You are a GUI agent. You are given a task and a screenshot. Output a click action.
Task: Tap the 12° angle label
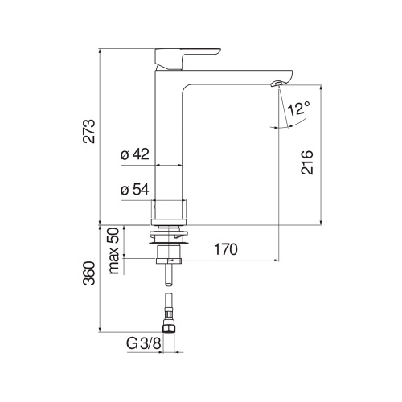(x=297, y=109)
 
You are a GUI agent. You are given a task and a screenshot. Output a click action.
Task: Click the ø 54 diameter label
(x=134, y=190)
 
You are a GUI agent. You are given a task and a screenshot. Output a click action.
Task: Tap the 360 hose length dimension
(x=89, y=275)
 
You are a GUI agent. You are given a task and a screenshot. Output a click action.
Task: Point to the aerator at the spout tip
(x=277, y=83)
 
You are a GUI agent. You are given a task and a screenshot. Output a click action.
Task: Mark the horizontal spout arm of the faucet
(x=233, y=77)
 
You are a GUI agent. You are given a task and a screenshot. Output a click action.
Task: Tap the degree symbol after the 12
(x=306, y=103)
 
